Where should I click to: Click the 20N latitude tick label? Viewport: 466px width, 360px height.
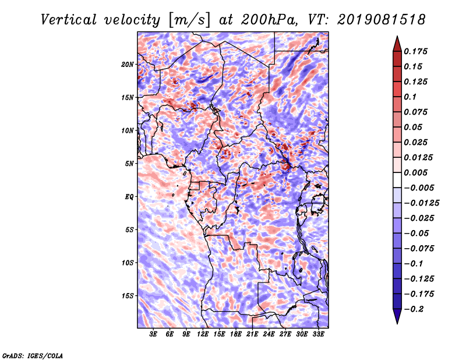(x=127, y=64)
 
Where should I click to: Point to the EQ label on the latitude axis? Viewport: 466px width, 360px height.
(x=129, y=197)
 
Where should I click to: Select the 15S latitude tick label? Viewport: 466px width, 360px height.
(x=127, y=296)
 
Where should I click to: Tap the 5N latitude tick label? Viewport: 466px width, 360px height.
(x=129, y=164)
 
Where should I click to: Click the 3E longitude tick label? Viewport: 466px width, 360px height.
(x=153, y=334)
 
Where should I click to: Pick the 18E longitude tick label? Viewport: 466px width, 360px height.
(x=236, y=334)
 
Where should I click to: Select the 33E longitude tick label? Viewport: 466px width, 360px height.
(x=318, y=334)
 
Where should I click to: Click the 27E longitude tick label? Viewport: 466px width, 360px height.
(x=285, y=334)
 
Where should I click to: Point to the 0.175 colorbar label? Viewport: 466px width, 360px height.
(x=415, y=51)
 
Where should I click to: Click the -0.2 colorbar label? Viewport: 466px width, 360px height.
(x=414, y=309)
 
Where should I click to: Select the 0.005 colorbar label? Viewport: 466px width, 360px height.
(x=415, y=172)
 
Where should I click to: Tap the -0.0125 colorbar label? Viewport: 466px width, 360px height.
(x=421, y=203)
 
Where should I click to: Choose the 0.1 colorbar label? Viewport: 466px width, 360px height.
(x=410, y=97)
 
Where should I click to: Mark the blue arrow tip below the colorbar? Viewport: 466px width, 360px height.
(x=397, y=323)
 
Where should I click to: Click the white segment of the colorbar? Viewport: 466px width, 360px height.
(x=397, y=180)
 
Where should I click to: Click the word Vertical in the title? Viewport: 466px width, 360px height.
(x=69, y=20)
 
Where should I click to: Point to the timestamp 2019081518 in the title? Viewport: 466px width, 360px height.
(x=382, y=20)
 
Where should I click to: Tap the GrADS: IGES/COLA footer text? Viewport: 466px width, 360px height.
(x=33, y=355)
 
